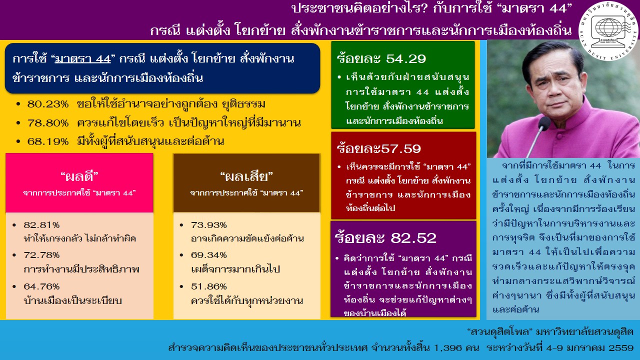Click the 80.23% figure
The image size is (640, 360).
pos(48,104)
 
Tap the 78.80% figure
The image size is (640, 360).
pos(48,123)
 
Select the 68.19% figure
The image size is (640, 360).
pos(48,141)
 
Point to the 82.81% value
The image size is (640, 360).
pos(41,225)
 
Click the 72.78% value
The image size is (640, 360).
pos(41,255)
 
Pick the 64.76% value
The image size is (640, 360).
pos(41,286)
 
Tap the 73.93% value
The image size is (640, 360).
pos(209,225)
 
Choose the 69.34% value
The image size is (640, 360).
pos(209,255)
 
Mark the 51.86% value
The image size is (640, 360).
pos(209,286)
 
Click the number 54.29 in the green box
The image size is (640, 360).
pos(405,59)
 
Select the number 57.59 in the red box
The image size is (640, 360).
pos(401,149)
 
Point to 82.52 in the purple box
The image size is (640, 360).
pos(413,238)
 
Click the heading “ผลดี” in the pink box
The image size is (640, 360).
pos(79,176)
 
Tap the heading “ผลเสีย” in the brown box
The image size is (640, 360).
pos(246,176)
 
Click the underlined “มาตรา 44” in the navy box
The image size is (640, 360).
pos(82,59)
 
